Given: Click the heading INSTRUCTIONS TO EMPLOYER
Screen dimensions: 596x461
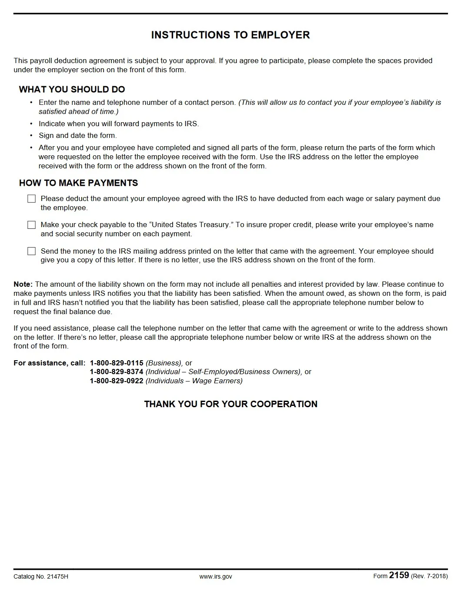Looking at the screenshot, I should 230,35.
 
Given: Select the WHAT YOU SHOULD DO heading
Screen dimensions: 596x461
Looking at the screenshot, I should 72,90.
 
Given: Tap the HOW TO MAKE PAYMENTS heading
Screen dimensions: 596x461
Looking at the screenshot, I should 78,183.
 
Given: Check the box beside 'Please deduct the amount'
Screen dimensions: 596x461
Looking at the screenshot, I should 31,199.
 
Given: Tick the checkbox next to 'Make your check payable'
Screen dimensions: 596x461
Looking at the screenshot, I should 31,225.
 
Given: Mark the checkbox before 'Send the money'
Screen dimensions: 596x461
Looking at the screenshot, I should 31,251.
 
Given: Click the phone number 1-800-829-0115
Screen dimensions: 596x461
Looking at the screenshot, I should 116,363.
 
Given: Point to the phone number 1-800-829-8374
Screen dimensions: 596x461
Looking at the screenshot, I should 116,372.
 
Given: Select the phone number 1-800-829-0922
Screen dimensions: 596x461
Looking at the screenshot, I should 116,381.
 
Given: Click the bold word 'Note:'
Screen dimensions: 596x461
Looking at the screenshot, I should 23,285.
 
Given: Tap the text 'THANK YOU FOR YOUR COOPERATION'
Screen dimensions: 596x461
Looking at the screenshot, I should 230,404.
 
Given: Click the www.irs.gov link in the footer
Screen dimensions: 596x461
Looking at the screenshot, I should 216,577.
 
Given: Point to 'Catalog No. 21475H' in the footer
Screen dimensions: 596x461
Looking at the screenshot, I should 41,577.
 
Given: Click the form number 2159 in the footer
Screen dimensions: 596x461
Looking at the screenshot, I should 399,576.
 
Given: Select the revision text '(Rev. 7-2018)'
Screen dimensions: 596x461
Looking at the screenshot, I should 429,577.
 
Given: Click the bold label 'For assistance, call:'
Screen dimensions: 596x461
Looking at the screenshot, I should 49,363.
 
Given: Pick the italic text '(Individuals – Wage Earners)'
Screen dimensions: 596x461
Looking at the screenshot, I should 194,381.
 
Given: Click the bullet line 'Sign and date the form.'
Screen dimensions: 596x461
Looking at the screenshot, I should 77,136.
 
